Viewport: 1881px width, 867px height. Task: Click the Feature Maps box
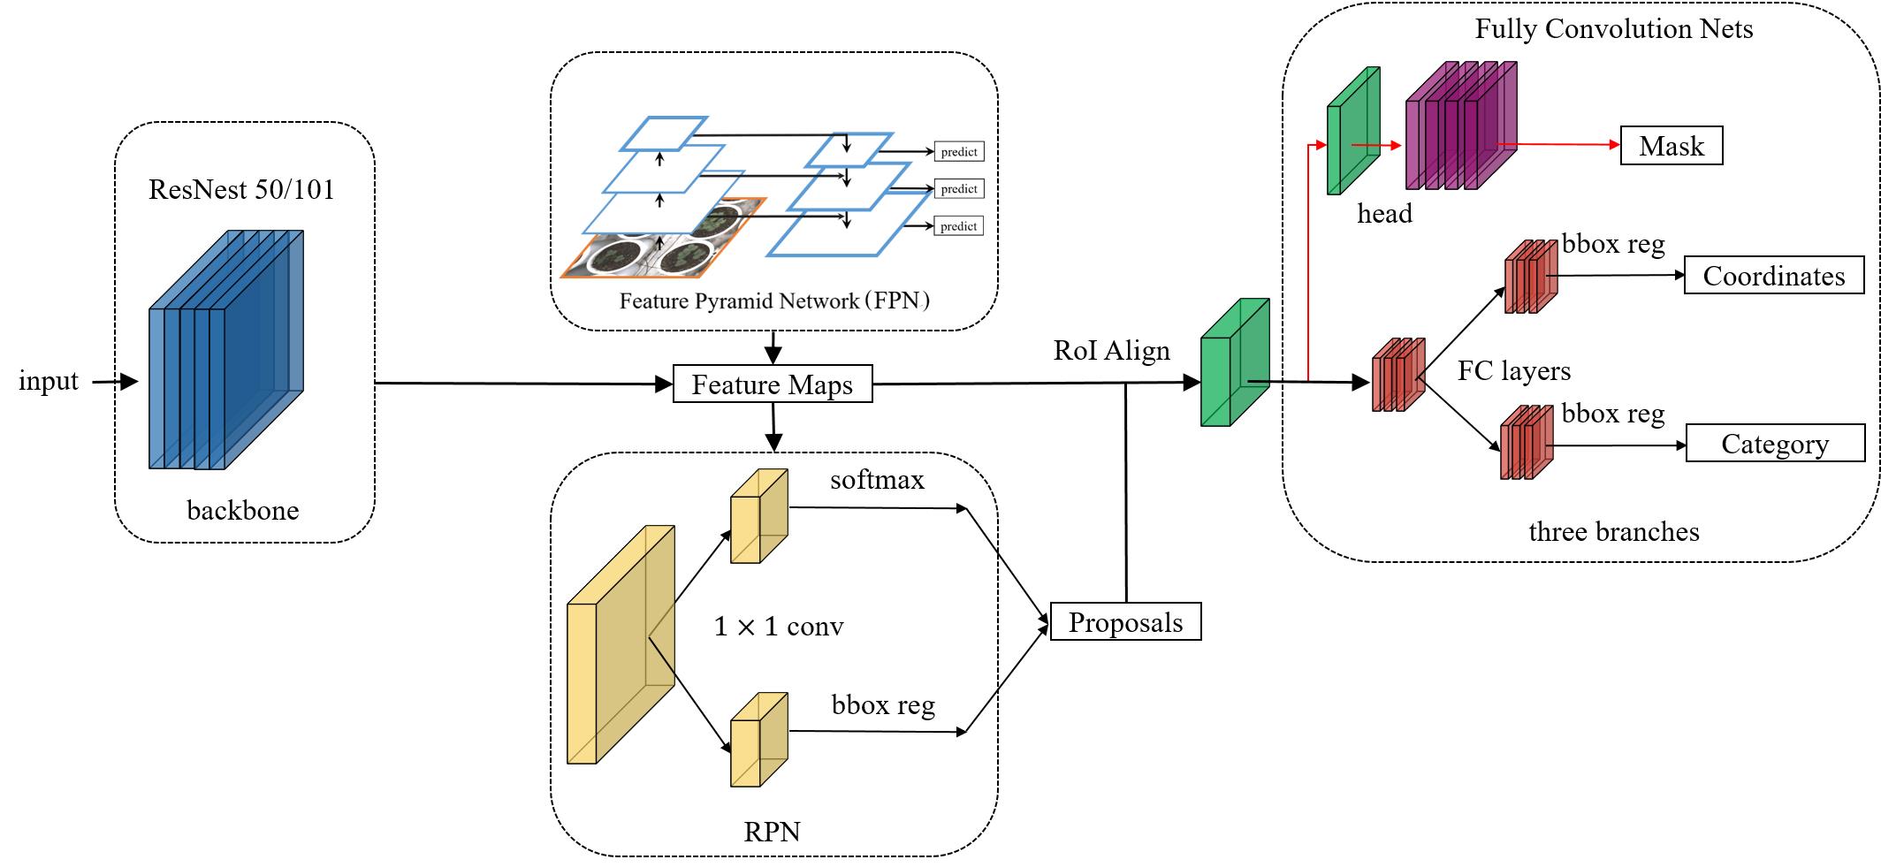coord(773,384)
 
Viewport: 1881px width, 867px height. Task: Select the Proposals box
coord(1125,622)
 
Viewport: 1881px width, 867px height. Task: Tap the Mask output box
coord(1671,146)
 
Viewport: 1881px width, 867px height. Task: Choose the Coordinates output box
coord(1773,276)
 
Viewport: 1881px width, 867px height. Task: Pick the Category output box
coord(1775,444)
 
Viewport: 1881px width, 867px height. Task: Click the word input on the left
coord(49,381)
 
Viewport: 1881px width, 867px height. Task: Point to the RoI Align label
coord(1111,351)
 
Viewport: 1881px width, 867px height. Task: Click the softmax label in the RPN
coord(877,480)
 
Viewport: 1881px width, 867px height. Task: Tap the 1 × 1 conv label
coord(778,627)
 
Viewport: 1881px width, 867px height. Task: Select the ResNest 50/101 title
coord(241,190)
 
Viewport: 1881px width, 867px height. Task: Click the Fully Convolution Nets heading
coord(1613,29)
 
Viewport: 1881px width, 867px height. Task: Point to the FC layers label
coord(1513,370)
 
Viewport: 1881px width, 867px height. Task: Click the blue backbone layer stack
coord(225,349)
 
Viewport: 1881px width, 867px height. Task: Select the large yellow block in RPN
coord(620,645)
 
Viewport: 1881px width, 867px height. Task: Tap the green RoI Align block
coord(1234,362)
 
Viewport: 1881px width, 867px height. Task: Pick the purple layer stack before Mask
coord(1459,125)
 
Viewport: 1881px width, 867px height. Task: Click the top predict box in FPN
coord(958,152)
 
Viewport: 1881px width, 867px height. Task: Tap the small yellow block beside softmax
coord(758,517)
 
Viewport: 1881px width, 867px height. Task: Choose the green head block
coord(1352,130)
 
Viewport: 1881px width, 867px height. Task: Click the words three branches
coord(1613,532)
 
